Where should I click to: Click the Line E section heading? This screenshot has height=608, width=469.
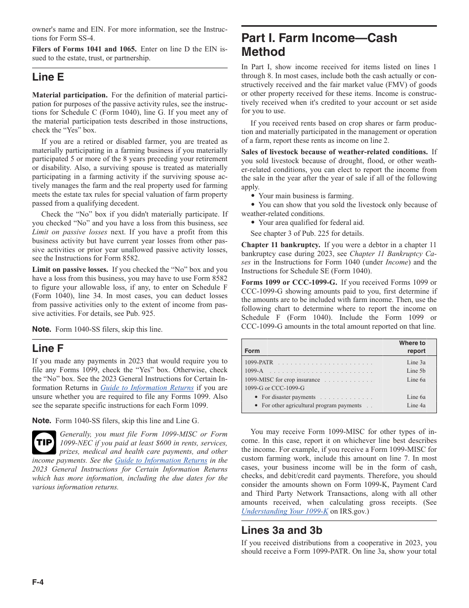pyautogui.click(x=48, y=77)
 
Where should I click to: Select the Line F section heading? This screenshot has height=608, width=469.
pyautogui.click(x=48, y=348)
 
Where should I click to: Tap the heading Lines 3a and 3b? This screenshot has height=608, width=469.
pyautogui.click(x=281, y=530)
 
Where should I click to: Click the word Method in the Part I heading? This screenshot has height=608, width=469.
pyautogui.click(x=263, y=52)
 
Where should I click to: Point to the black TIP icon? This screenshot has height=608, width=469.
pyautogui.click(x=44, y=442)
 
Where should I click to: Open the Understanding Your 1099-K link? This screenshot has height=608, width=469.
pyautogui.click(x=285, y=511)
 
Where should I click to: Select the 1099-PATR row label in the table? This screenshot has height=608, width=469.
pyautogui.click(x=259, y=362)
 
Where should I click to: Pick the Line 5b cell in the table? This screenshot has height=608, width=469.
pyautogui.click(x=416, y=371)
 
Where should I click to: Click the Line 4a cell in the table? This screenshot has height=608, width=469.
pyautogui.click(x=416, y=405)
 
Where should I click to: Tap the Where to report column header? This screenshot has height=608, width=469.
pyautogui.click(x=412, y=347)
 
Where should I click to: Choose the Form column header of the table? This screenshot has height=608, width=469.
pyautogui.click(x=252, y=351)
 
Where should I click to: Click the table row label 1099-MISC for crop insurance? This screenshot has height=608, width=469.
pyautogui.click(x=282, y=380)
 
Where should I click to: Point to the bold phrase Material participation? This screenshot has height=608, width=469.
pyautogui.click(x=70, y=95)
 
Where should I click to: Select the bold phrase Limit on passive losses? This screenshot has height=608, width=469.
pyautogui.click(x=70, y=270)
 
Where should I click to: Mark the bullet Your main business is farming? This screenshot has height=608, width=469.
pyautogui.click(x=306, y=196)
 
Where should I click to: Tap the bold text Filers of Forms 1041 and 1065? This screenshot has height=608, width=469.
pyautogui.click(x=84, y=49)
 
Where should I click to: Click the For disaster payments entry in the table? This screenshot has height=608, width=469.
pyautogui.click(x=288, y=397)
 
